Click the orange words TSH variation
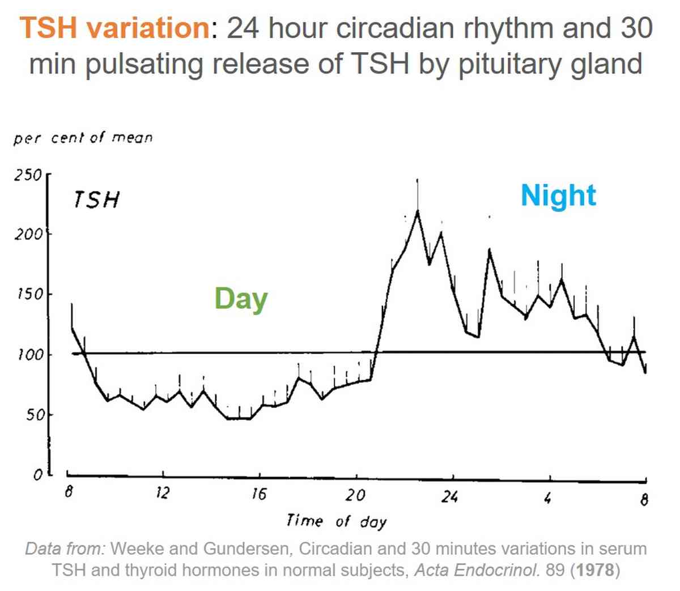click(114, 28)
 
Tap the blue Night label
click(558, 196)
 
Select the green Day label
click(241, 299)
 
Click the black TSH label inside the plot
click(96, 200)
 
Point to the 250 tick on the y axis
click(28, 175)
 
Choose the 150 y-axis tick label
click(29, 294)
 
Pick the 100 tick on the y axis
click(29, 355)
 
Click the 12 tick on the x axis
click(162, 493)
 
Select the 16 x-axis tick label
click(258, 494)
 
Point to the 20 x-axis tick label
click(355, 495)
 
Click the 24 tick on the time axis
click(450, 497)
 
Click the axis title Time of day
click(336, 521)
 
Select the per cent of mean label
click(83, 138)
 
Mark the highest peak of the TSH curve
click(418, 211)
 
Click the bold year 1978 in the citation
click(594, 569)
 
